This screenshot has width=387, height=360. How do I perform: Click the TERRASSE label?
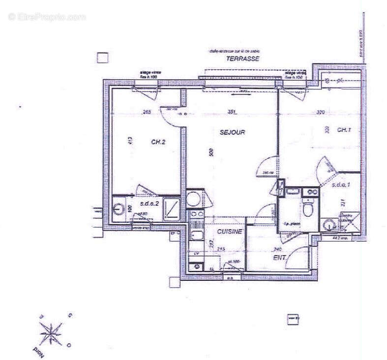point(242,59)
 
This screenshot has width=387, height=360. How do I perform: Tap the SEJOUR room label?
point(232,132)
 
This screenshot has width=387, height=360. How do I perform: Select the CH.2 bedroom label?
point(158,142)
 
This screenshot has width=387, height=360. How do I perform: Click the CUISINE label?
point(230,232)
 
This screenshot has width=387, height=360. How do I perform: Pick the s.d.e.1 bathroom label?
point(340,185)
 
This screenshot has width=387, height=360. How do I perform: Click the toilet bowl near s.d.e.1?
point(308,210)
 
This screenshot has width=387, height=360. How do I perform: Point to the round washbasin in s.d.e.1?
point(328,225)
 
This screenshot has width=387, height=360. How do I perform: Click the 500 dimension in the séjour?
point(211,152)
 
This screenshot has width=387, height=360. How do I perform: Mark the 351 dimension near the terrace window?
point(232,112)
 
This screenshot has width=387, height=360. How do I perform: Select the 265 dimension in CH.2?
point(146,113)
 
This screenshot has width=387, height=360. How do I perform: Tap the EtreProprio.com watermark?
point(47,17)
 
